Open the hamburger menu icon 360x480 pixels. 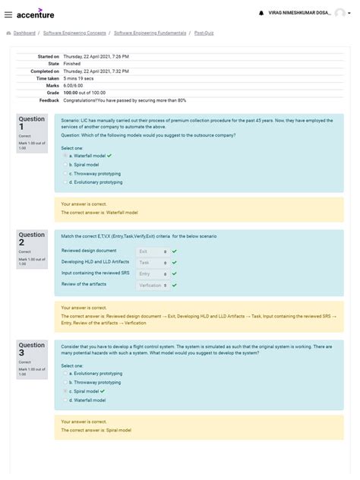tap(8, 14)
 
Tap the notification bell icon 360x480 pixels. tap(261, 13)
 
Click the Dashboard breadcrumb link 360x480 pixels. tap(24, 33)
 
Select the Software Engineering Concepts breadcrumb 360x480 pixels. tap(74, 33)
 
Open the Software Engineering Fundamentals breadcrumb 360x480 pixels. tap(149, 33)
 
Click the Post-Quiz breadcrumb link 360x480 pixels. tap(204, 33)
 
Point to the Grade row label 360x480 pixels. tap(51, 92)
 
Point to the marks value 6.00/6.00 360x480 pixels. tap(75, 85)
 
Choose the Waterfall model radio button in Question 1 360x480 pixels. tap(65, 155)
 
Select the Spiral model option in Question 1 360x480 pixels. tap(65, 164)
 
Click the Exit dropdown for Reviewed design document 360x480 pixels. tap(153, 251)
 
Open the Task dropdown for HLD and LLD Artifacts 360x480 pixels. tap(153, 262)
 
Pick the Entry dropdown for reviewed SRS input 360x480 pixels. tap(153, 273)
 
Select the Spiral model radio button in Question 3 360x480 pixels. tap(65, 391)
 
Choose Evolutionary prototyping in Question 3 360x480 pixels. tap(65, 374)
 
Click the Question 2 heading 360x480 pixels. tap(32, 238)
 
